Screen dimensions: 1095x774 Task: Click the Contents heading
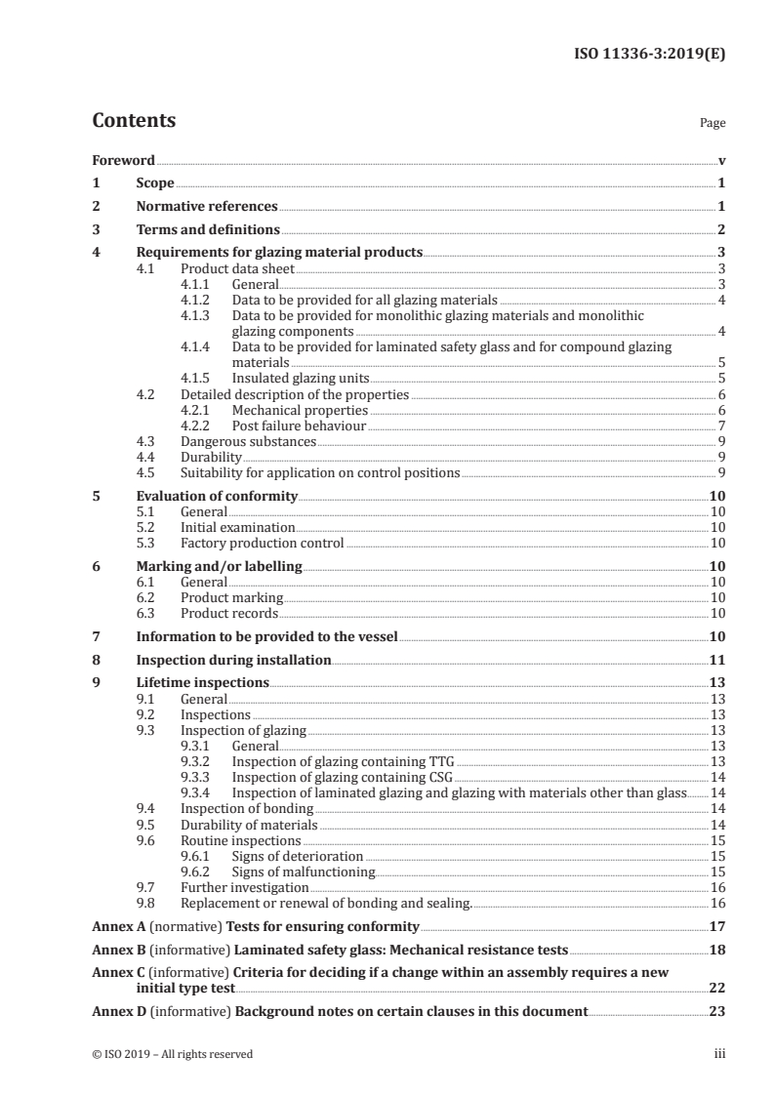134,121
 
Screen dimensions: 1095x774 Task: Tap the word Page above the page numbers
712,124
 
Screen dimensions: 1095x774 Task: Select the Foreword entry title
123,160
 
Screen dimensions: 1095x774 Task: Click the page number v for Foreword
721,160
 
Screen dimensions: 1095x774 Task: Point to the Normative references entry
207,207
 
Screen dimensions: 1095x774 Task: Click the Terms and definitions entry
208,230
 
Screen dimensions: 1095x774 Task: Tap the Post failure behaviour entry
299,426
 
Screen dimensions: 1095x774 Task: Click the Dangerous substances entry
248,441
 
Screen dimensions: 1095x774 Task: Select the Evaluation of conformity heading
217,496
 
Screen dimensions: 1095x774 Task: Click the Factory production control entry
262,543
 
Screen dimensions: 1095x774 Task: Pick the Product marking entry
231,597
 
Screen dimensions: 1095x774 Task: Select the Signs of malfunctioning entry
303,872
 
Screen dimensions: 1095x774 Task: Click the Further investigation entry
244,887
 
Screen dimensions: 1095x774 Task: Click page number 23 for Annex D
716,1011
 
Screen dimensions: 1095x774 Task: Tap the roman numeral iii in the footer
719,1054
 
